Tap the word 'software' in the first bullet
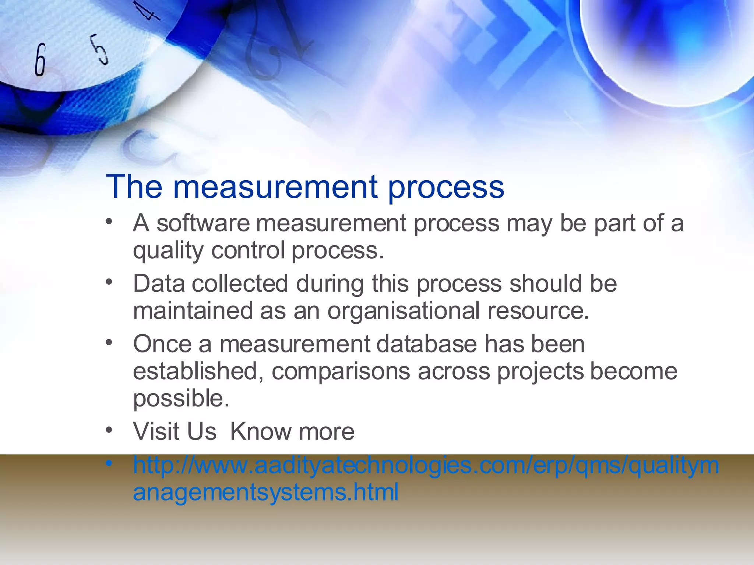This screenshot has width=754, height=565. tap(203, 223)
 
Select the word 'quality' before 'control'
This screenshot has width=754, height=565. tap(168, 251)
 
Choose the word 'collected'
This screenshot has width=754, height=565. tap(240, 284)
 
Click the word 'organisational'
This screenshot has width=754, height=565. tap(403, 311)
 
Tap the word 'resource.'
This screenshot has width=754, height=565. tap(538, 311)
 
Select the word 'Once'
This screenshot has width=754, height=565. tap(162, 344)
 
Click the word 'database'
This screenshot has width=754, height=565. tap(426, 344)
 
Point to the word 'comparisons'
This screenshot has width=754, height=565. tap(341, 372)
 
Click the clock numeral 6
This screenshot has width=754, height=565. tap(40, 60)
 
